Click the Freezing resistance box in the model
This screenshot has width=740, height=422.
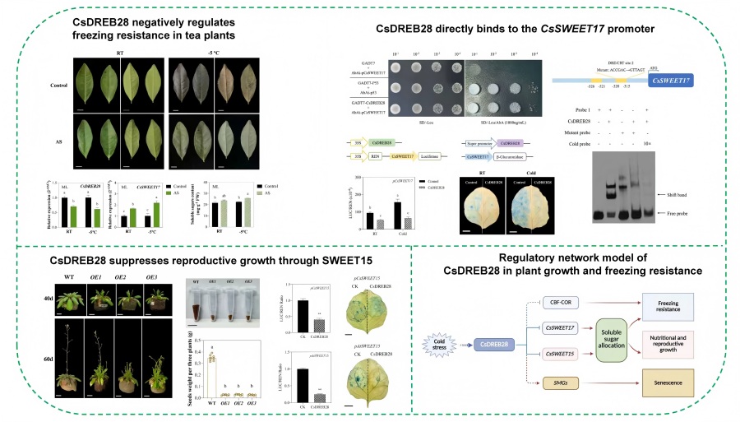point(673,307)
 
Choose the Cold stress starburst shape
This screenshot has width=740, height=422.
point(439,343)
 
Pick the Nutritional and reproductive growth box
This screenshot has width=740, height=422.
point(673,342)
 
